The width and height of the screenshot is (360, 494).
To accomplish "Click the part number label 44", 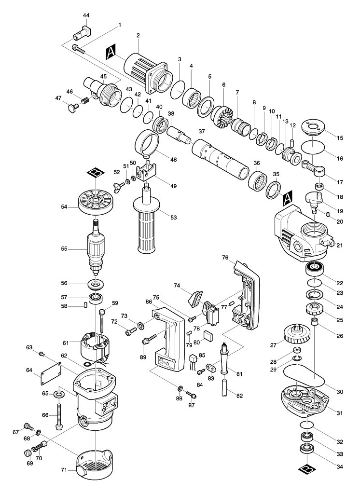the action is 86,15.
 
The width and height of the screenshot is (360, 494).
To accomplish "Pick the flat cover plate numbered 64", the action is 51,374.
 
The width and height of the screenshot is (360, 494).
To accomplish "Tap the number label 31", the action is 340,413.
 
